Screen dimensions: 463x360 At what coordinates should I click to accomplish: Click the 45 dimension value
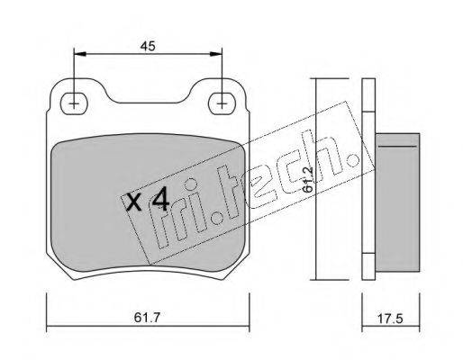coord(148,46)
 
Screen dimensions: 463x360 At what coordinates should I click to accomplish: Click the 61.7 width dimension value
coord(148,318)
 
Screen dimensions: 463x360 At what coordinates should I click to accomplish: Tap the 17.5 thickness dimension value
coord(390,319)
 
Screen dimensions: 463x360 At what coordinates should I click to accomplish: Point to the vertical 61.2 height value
coord(307,179)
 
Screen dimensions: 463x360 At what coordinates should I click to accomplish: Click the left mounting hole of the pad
coord(74,103)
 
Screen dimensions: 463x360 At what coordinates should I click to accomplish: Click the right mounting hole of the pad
coord(222,103)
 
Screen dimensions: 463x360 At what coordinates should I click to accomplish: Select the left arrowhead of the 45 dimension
coord(80,54)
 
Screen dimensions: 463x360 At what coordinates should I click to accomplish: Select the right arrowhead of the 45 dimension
coord(215,54)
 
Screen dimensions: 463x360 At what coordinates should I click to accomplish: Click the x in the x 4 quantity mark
coord(133,202)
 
